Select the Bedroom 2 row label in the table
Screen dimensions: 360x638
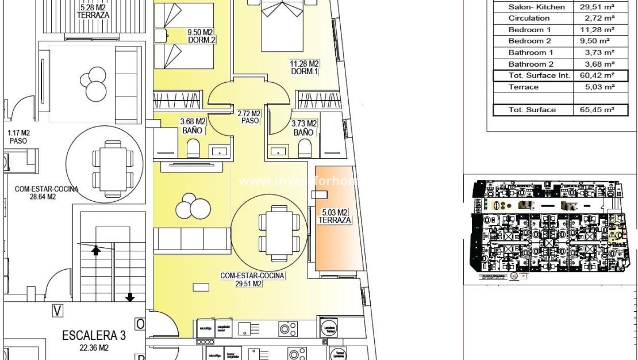[529, 41]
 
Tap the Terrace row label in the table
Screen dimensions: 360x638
[523, 87]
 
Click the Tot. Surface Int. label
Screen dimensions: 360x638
[539, 75]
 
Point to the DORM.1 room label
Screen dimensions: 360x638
[305, 71]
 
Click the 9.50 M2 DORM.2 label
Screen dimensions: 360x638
[201, 36]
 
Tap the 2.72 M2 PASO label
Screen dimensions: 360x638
[249, 117]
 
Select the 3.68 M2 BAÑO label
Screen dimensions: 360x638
[193, 127]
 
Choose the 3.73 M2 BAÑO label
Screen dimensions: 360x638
[304, 128]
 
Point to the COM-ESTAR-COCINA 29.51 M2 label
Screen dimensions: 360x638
[252, 279]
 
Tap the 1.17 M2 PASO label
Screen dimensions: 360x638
[18, 136]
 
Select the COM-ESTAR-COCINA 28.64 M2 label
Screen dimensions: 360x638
[47, 192]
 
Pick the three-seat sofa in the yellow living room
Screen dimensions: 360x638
[192, 238]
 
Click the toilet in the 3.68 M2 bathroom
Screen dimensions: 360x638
[194, 148]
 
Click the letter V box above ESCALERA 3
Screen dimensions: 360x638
[57, 311]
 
